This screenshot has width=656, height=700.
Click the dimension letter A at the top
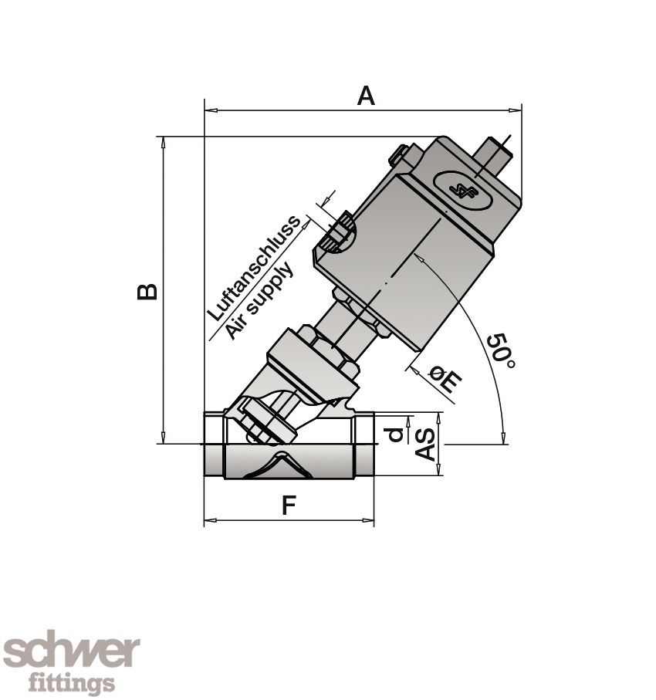366,96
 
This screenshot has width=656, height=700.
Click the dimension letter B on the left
147,291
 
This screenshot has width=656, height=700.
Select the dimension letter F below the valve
288,506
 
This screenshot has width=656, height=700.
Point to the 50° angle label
501,350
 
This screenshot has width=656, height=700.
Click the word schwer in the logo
71,653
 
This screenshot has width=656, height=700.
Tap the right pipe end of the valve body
363,445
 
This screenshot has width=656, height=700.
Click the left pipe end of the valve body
214,445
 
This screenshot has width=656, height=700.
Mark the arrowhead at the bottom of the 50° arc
504,438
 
